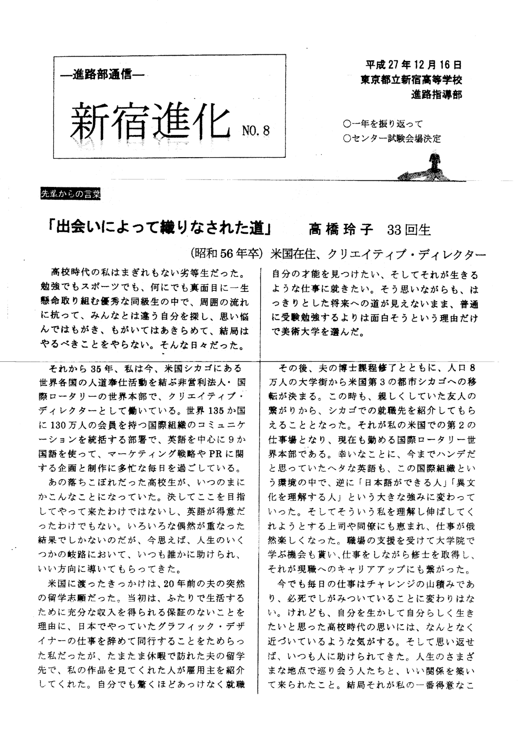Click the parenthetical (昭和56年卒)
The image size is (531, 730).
coord(227,253)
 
